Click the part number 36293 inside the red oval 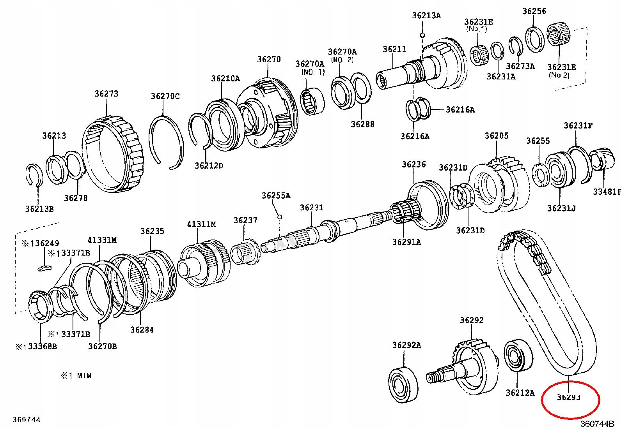(x=568, y=397)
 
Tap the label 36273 (x=106, y=93)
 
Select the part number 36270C (x=165, y=96)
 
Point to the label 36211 (x=394, y=49)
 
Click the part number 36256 (x=534, y=11)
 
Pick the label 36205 (x=497, y=136)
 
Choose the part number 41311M (x=201, y=224)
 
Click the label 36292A (x=406, y=345)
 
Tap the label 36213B (x=39, y=209)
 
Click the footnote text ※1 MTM (x=76, y=376)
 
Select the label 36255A (x=276, y=196)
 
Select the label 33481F (x=607, y=192)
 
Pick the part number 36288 (x=362, y=124)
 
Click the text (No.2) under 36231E (x=559, y=75)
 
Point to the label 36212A (x=520, y=393)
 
